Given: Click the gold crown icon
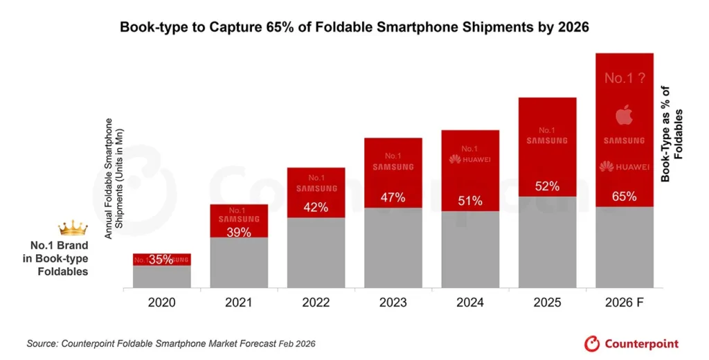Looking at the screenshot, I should pyautogui.click(x=73, y=228).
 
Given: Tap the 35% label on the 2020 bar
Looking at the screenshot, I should pyautogui.click(x=161, y=260).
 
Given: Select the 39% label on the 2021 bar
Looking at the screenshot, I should pyautogui.click(x=238, y=232).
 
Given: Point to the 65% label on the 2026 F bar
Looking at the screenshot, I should pyautogui.click(x=624, y=197).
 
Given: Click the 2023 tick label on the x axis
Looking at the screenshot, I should pyautogui.click(x=393, y=303).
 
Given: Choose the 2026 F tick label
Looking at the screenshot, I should pyautogui.click(x=624, y=303).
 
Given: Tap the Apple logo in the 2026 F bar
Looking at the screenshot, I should pyautogui.click(x=624, y=116).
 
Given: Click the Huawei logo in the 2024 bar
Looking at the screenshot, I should pyautogui.click(x=469, y=159).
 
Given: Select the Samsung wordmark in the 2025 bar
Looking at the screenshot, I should pyautogui.click(x=547, y=141).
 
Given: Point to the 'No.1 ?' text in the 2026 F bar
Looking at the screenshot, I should pyautogui.click(x=624, y=78).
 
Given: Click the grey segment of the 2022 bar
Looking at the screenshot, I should pyautogui.click(x=316, y=253).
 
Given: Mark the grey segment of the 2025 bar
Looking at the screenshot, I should pyautogui.click(x=547, y=242).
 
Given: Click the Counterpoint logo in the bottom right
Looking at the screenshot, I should pyautogui.click(x=631, y=343).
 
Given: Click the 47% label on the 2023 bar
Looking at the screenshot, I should pyautogui.click(x=393, y=197).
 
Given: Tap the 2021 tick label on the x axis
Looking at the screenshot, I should pyautogui.click(x=238, y=303).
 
